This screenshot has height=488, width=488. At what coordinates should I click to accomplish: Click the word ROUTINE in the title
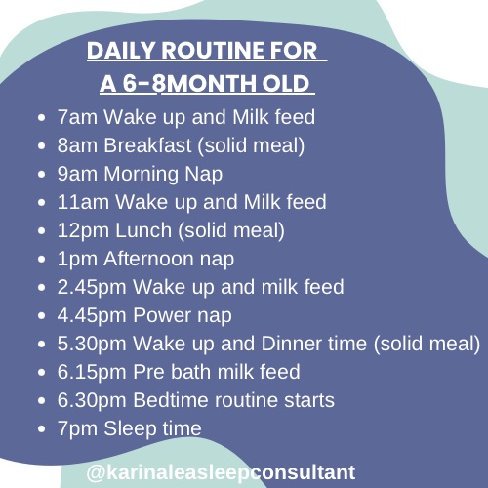pyautogui.click(x=207, y=51)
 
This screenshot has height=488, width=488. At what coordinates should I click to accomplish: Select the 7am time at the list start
pyautogui.click(x=77, y=117)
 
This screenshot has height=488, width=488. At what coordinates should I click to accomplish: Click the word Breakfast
pyautogui.click(x=147, y=145)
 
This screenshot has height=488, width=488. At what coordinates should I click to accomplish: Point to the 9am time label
pyautogui.click(x=77, y=174)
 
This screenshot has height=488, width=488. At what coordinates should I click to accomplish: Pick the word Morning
pyautogui.click(x=141, y=175)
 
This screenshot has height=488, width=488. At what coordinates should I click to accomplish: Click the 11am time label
pyautogui.click(x=83, y=202)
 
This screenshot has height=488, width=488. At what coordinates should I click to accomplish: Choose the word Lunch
pyautogui.click(x=143, y=230)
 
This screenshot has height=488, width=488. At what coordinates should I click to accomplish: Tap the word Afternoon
pyautogui.click(x=148, y=259)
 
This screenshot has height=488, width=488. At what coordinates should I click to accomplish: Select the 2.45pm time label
pyautogui.click(x=92, y=288)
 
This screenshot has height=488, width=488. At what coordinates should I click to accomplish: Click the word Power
pyautogui.click(x=162, y=315)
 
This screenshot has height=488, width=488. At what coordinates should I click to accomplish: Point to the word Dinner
pyautogui.click(x=291, y=344)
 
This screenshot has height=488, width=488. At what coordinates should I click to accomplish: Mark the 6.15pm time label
pyautogui.click(x=92, y=373)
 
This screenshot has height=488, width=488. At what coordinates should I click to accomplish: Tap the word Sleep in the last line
pyautogui.click(x=130, y=429)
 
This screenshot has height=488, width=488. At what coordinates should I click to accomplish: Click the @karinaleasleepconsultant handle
pyautogui.click(x=221, y=472)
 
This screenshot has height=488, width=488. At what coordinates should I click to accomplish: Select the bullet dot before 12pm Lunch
pyautogui.click(x=41, y=231)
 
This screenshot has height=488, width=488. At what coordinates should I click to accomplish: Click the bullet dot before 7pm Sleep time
pyautogui.click(x=41, y=429)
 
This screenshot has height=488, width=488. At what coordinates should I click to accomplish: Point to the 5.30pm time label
pyautogui.click(x=92, y=345)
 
